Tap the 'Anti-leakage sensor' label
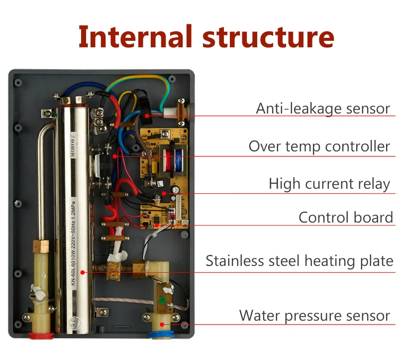tap(323, 108)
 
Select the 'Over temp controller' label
tap(319, 146)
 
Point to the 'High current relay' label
tap(329, 183)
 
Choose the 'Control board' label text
tap(346, 218)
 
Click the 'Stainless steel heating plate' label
tap(299, 261)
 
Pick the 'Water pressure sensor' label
tap(314, 315)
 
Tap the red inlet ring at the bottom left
tap(41, 335)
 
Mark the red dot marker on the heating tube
tap(84, 272)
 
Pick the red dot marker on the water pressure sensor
tap(171, 325)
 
